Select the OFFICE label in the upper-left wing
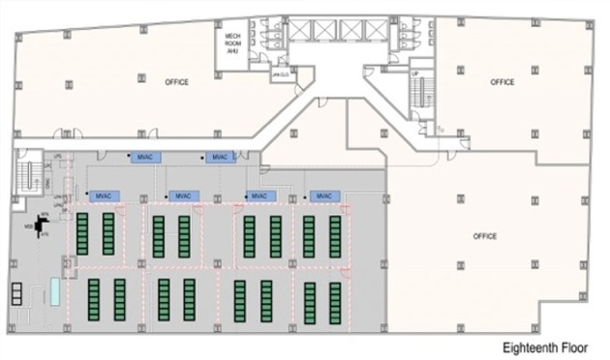175,82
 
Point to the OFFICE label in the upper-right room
503,82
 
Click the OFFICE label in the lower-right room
485,235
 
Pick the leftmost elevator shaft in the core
302,28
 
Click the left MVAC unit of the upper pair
146,158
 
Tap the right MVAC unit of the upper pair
221,158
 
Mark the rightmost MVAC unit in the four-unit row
327,196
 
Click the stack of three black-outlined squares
15,295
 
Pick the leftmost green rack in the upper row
82,233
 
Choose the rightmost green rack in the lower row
335,302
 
